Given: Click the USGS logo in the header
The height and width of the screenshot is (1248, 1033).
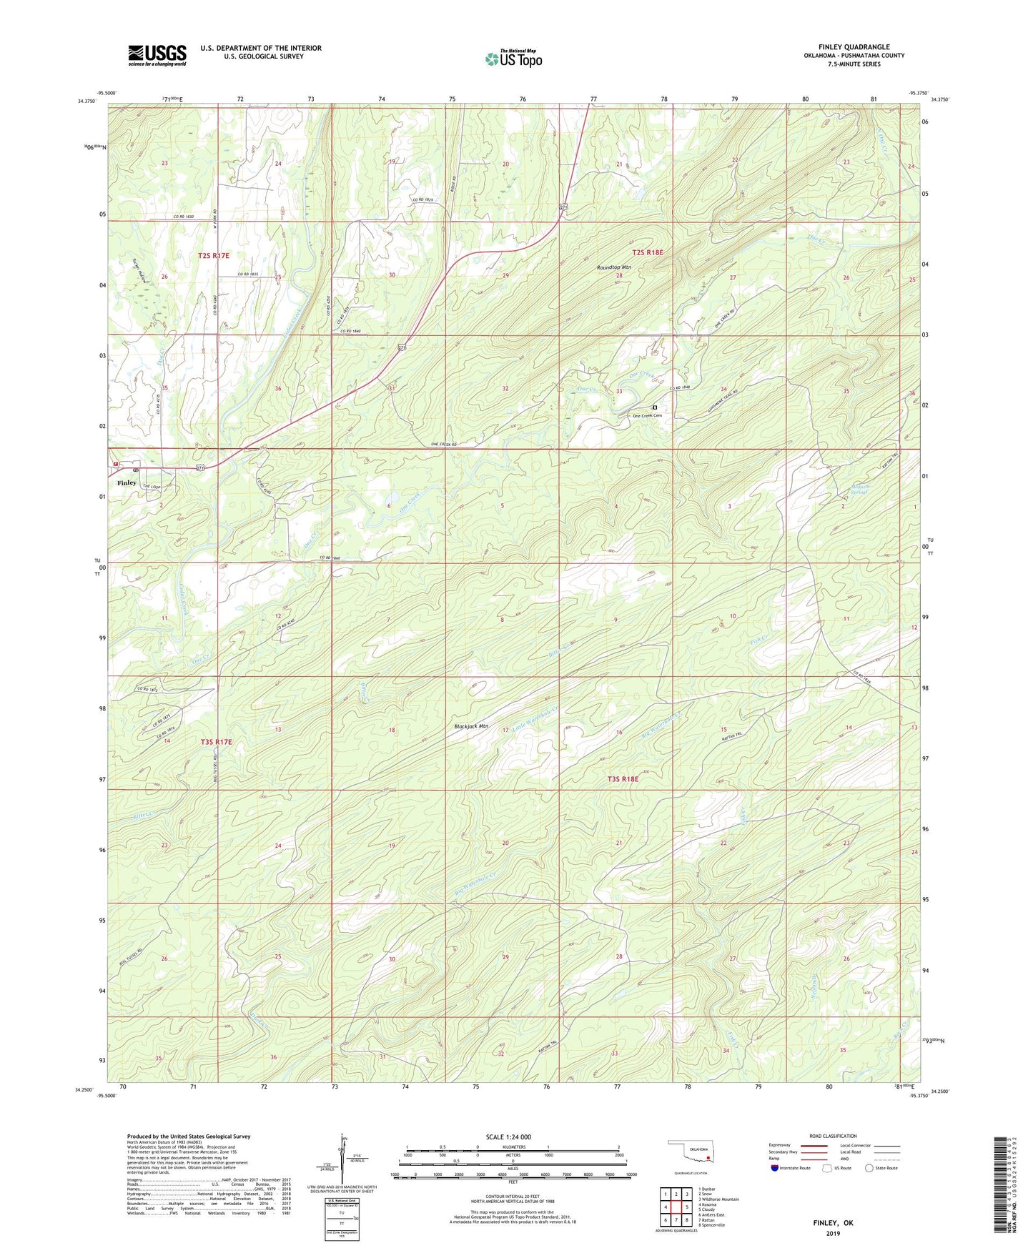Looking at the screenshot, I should [157, 55].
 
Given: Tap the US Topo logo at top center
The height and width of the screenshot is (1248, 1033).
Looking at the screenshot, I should [513, 59].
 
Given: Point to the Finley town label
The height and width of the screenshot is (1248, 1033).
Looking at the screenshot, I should [127, 483].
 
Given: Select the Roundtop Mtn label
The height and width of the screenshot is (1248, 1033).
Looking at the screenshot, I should [614, 267].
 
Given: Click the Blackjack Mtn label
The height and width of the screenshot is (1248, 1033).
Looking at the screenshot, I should [471, 727].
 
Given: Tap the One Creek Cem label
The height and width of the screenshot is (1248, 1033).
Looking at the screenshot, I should [652, 416].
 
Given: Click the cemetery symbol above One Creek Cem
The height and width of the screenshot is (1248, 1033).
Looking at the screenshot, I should [654, 407].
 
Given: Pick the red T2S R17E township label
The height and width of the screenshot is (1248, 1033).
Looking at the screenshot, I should [214, 255].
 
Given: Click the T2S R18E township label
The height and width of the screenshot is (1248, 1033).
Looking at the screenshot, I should [648, 252].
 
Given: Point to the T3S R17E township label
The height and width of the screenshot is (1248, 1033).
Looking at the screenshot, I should [217, 742].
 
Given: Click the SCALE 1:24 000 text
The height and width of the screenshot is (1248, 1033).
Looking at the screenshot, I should [508, 1137].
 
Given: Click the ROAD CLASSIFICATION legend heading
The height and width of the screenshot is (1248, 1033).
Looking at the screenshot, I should [833, 1136].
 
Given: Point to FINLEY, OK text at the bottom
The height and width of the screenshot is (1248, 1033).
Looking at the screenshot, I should [833, 1223].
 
